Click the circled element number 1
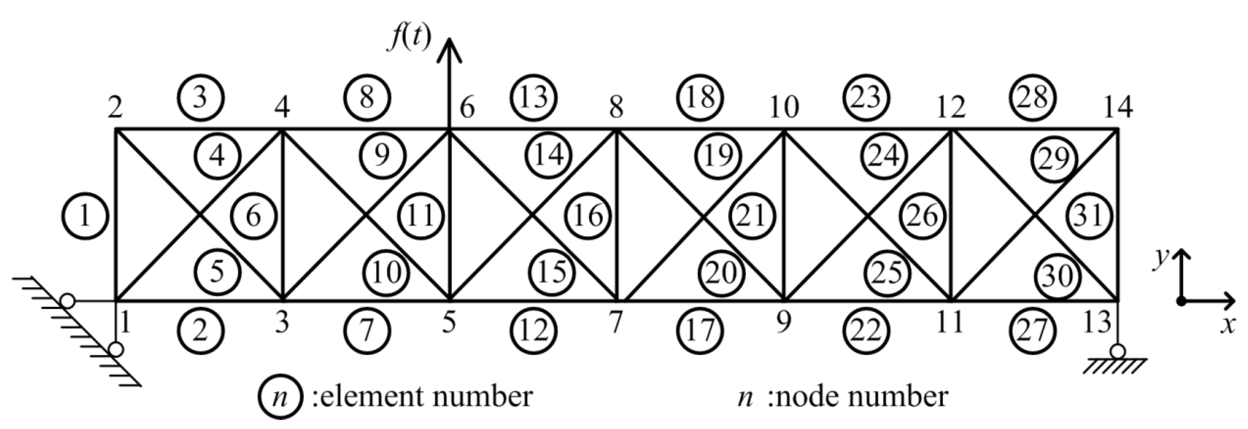(85, 216)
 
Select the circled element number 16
(588, 216)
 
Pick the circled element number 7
(367, 331)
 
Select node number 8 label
(616, 108)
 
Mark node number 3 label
(282, 323)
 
